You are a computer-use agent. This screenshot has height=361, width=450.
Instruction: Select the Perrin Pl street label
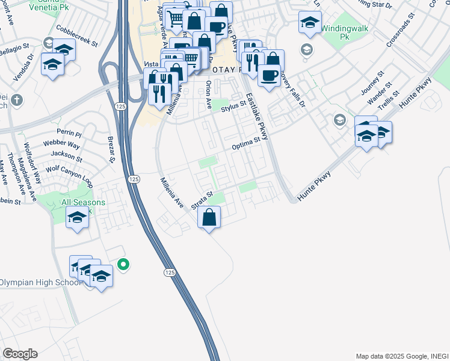pyautogui.click(x=69, y=132)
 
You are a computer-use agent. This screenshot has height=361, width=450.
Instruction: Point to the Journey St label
pyautogui.click(x=372, y=85)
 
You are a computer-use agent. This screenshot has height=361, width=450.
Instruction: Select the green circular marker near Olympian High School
pyautogui.click(x=123, y=264)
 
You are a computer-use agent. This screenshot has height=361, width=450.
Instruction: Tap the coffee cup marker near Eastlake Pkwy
pyautogui.click(x=269, y=75)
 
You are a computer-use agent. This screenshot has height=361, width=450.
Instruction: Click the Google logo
pyautogui.click(x=20, y=354)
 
